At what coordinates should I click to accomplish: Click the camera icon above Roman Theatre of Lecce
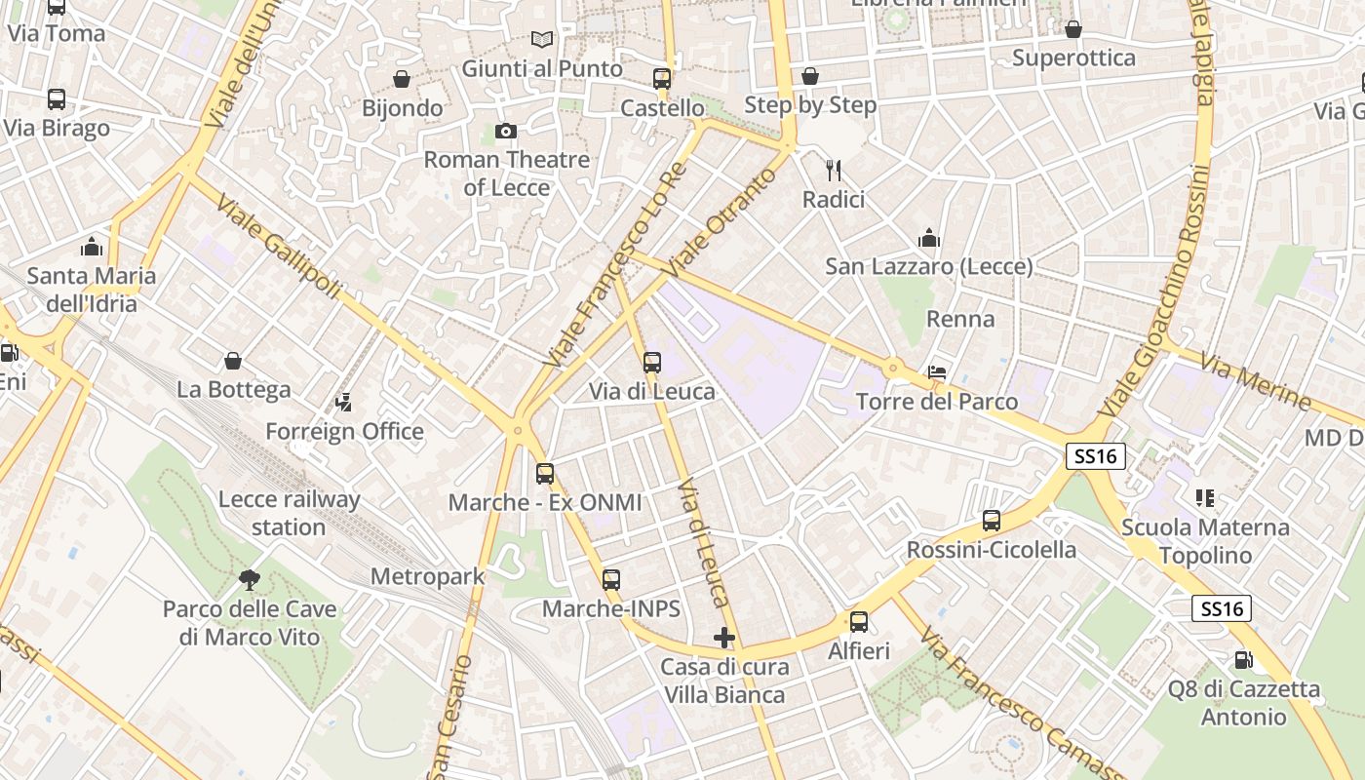pyautogui.click(x=505, y=131)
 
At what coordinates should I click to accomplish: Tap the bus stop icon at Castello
pyautogui.click(x=662, y=79)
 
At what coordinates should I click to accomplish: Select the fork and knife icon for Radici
pyautogui.click(x=834, y=171)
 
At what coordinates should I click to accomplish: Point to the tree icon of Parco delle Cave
pyautogui.click(x=250, y=580)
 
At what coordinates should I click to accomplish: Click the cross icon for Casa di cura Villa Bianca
pyautogui.click(x=723, y=638)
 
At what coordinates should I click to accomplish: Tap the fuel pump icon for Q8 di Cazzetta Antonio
pyautogui.click(x=1243, y=660)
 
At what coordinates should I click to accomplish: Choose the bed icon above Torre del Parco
pyautogui.click(x=937, y=372)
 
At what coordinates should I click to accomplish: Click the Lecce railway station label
pyautogui.click(x=289, y=513)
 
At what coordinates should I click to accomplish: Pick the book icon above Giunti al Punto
pyautogui.click(x=542, y=40)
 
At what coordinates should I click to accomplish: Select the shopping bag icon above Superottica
pyautogui.click(x=1073, y=29)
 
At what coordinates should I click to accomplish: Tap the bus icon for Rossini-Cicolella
pyautogui.click(x=992, y=521)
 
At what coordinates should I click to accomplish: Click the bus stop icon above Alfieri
pyautogui.click(x=859, y=621)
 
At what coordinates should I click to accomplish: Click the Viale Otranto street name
pyautogui.click(x=722, y=221)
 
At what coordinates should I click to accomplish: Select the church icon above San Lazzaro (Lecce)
pyautogui.click(x=929, y=238)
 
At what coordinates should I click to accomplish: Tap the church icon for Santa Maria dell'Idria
pyautogui.click(x=92, y=246)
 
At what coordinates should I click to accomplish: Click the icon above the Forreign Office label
pyautogui.click(x=343, y=402)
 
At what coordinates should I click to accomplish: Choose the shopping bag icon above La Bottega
pyautogui.click(x=233, y=361)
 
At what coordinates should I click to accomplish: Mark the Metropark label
pyautogui.click(x=427, y=576)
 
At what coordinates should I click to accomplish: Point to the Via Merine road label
pyautogui.click(x=1256, y=381)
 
